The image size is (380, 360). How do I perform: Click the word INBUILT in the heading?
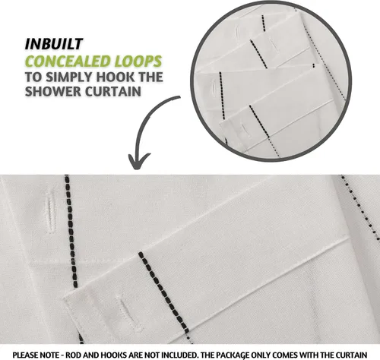click(x=54, y=44)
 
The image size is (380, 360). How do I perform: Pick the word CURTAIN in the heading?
click(x=113, y=91)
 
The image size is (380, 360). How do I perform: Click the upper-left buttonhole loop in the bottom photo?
click(x=50, y=212)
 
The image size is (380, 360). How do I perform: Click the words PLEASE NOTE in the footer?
click(x=36, y=355)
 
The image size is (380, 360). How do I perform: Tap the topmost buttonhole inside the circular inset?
click(x=237, y=33)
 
